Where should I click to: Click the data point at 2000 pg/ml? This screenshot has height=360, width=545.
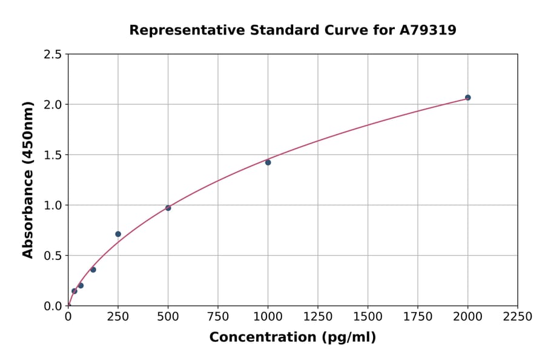pyautogui.click(x=467, y=98)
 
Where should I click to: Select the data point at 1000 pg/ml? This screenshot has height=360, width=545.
pyautogui.click(x=268, y=162)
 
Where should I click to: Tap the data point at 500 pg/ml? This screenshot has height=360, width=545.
pyautogui.click(x=168, y=208)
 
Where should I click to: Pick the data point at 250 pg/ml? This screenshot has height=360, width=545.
pyautogui.click(x=118, y=234)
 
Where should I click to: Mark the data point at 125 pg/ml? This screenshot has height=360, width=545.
pyautogui.click(x=93, y=270)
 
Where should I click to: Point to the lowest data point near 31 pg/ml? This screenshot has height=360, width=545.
pyautogui.click(x=74, y=291)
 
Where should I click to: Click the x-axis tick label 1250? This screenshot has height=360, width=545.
pyautogui.click(x=318, y=317)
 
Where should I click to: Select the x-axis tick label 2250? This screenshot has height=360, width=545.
pyautogui.click(x=517, y=317)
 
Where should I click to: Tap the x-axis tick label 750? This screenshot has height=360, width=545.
pyautogui.click(x=218, y=317)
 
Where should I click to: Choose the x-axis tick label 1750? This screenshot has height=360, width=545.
pyautogui.click(x=417, y=317)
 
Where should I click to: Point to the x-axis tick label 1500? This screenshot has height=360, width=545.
pyautogui.click(x=368, y=317)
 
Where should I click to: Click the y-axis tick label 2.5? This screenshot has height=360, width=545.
pyautogui.click(x=53, y=55)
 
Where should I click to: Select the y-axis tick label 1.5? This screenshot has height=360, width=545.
pyautogui.click(x=53, y=155)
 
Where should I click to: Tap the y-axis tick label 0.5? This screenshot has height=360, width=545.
pyautogui.click(x=53, y=256)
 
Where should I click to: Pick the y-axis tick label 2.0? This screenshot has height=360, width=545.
pyautogui.click(x=53, y=105)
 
